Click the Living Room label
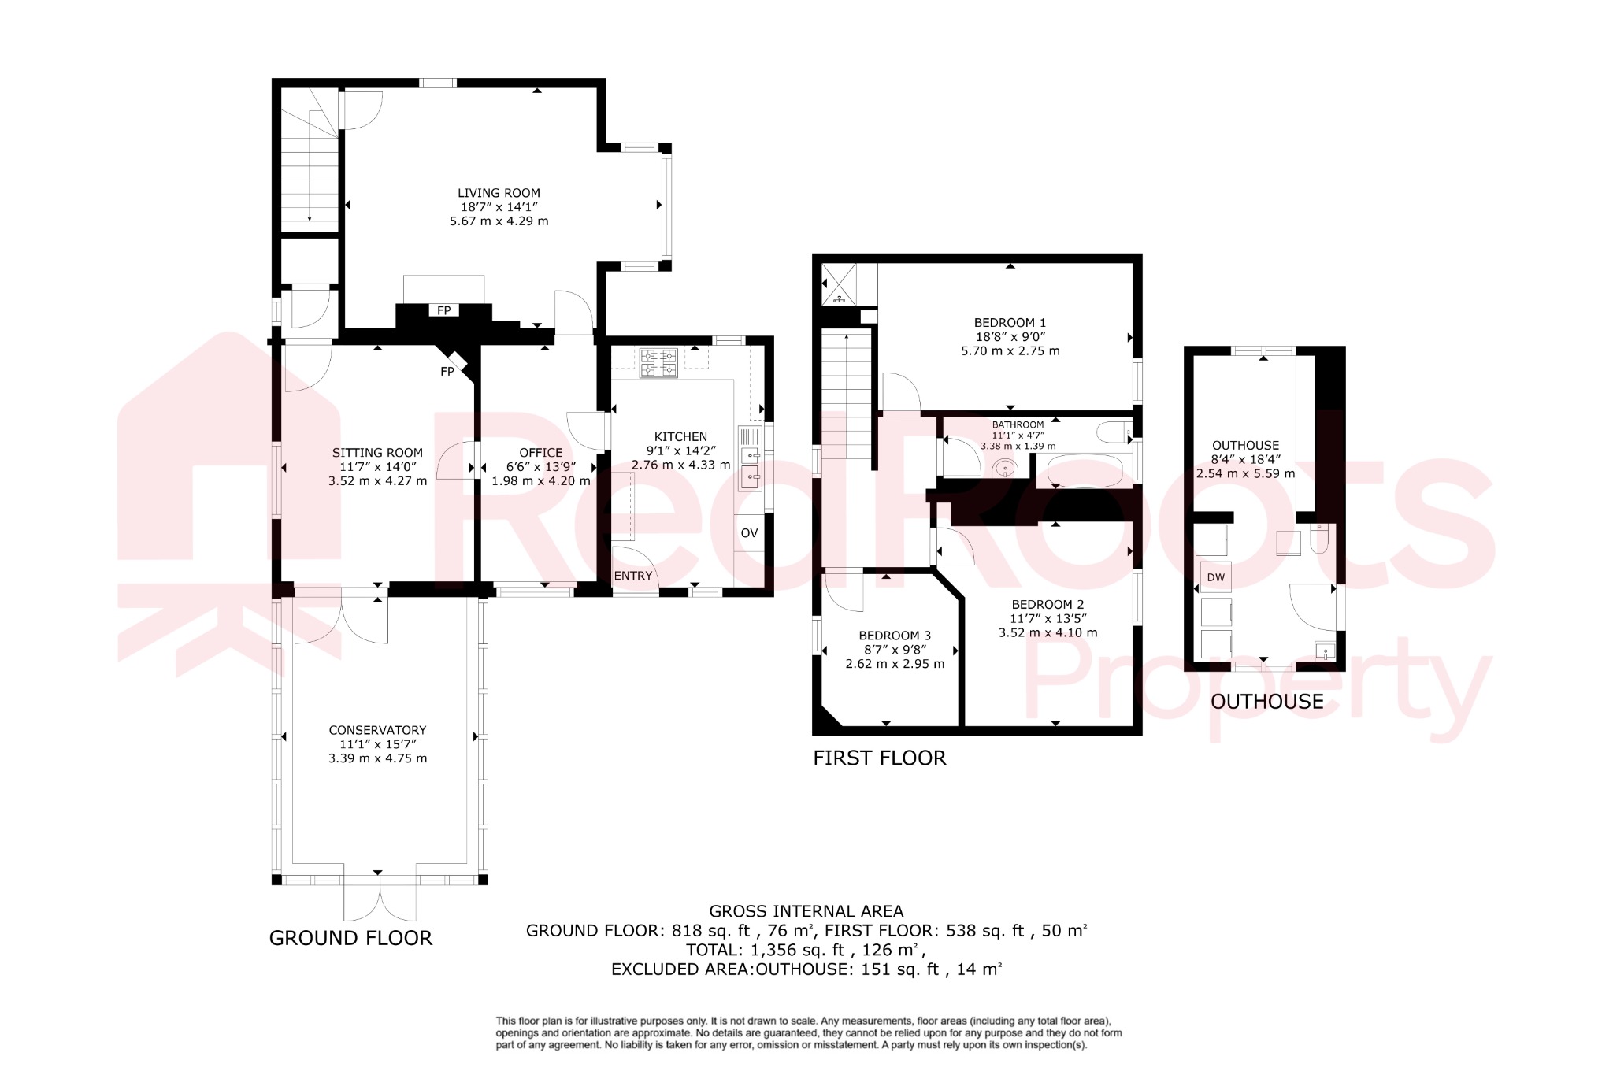pyautogui.click(x=499, y=193)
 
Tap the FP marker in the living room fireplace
pyautogui.click(x=444, y=310)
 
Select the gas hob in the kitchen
pyautogui.click(x=658, y=363)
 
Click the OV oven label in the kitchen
pyautogui.click(x=749, y=533)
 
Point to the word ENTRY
pyautogui.click(x=633, y=576)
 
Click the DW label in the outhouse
pyautogui.click(x=1216, y=577)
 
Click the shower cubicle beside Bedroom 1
pyautogui.click(x=838, y=284)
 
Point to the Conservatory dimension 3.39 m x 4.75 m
pyautogui.click(x=378, y=758)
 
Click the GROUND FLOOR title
pyautogui.click(x=350, y=938)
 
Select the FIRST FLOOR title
pyautogui.click(x=879, y=758)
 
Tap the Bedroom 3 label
pyautogui.click(x=895, y=636)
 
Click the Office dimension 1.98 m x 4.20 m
pyautogui.click(x=541, y=480)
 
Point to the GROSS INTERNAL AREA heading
pyautogui.click(x=806, y=911)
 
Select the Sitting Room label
pyautogui.click(x=377, y=453)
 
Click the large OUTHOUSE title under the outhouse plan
pyautogui.click(x=1266, y=702)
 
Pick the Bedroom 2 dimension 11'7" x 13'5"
pyautogui.click(x=1048, y=618)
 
